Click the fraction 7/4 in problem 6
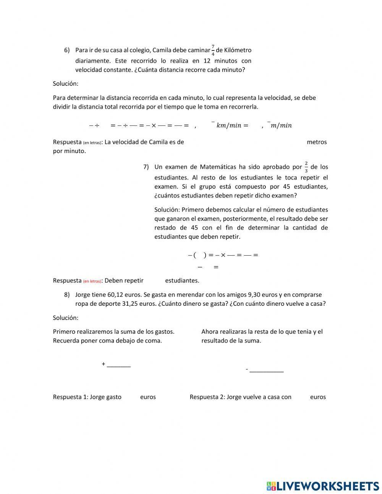click(x=213, y=50)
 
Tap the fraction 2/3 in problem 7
click(x=306, y=167)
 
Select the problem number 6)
click(x=67, y=50)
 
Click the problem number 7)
click(x=146, y=167)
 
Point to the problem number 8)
click(x=67, y=295)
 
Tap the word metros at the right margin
click(x=317, y=142)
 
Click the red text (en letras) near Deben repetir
click(x=92, y=281)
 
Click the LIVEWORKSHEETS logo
click(x=322, y=486)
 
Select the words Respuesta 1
click(x=70, y=397)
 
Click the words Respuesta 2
click(x=207, y=397)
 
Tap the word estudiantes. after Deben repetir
click(x=182, y=280)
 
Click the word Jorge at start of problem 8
click(x=83, y=295)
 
